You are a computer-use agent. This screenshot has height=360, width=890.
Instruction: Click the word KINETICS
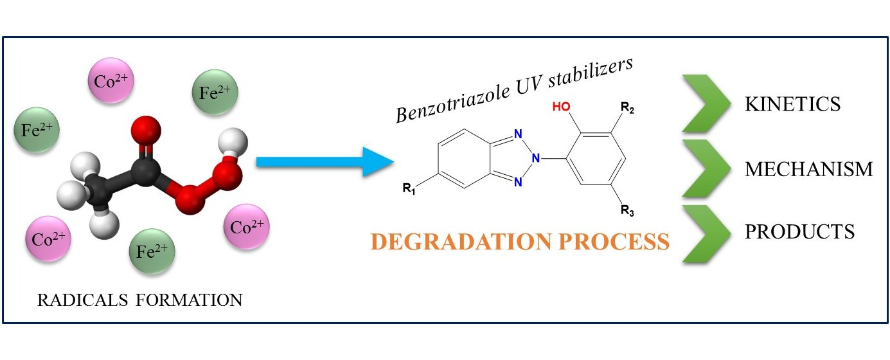tap(792, 105)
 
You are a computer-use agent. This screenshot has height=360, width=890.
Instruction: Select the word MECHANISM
tap(808, 169)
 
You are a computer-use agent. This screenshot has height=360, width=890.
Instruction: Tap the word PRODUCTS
tap(799, 231)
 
